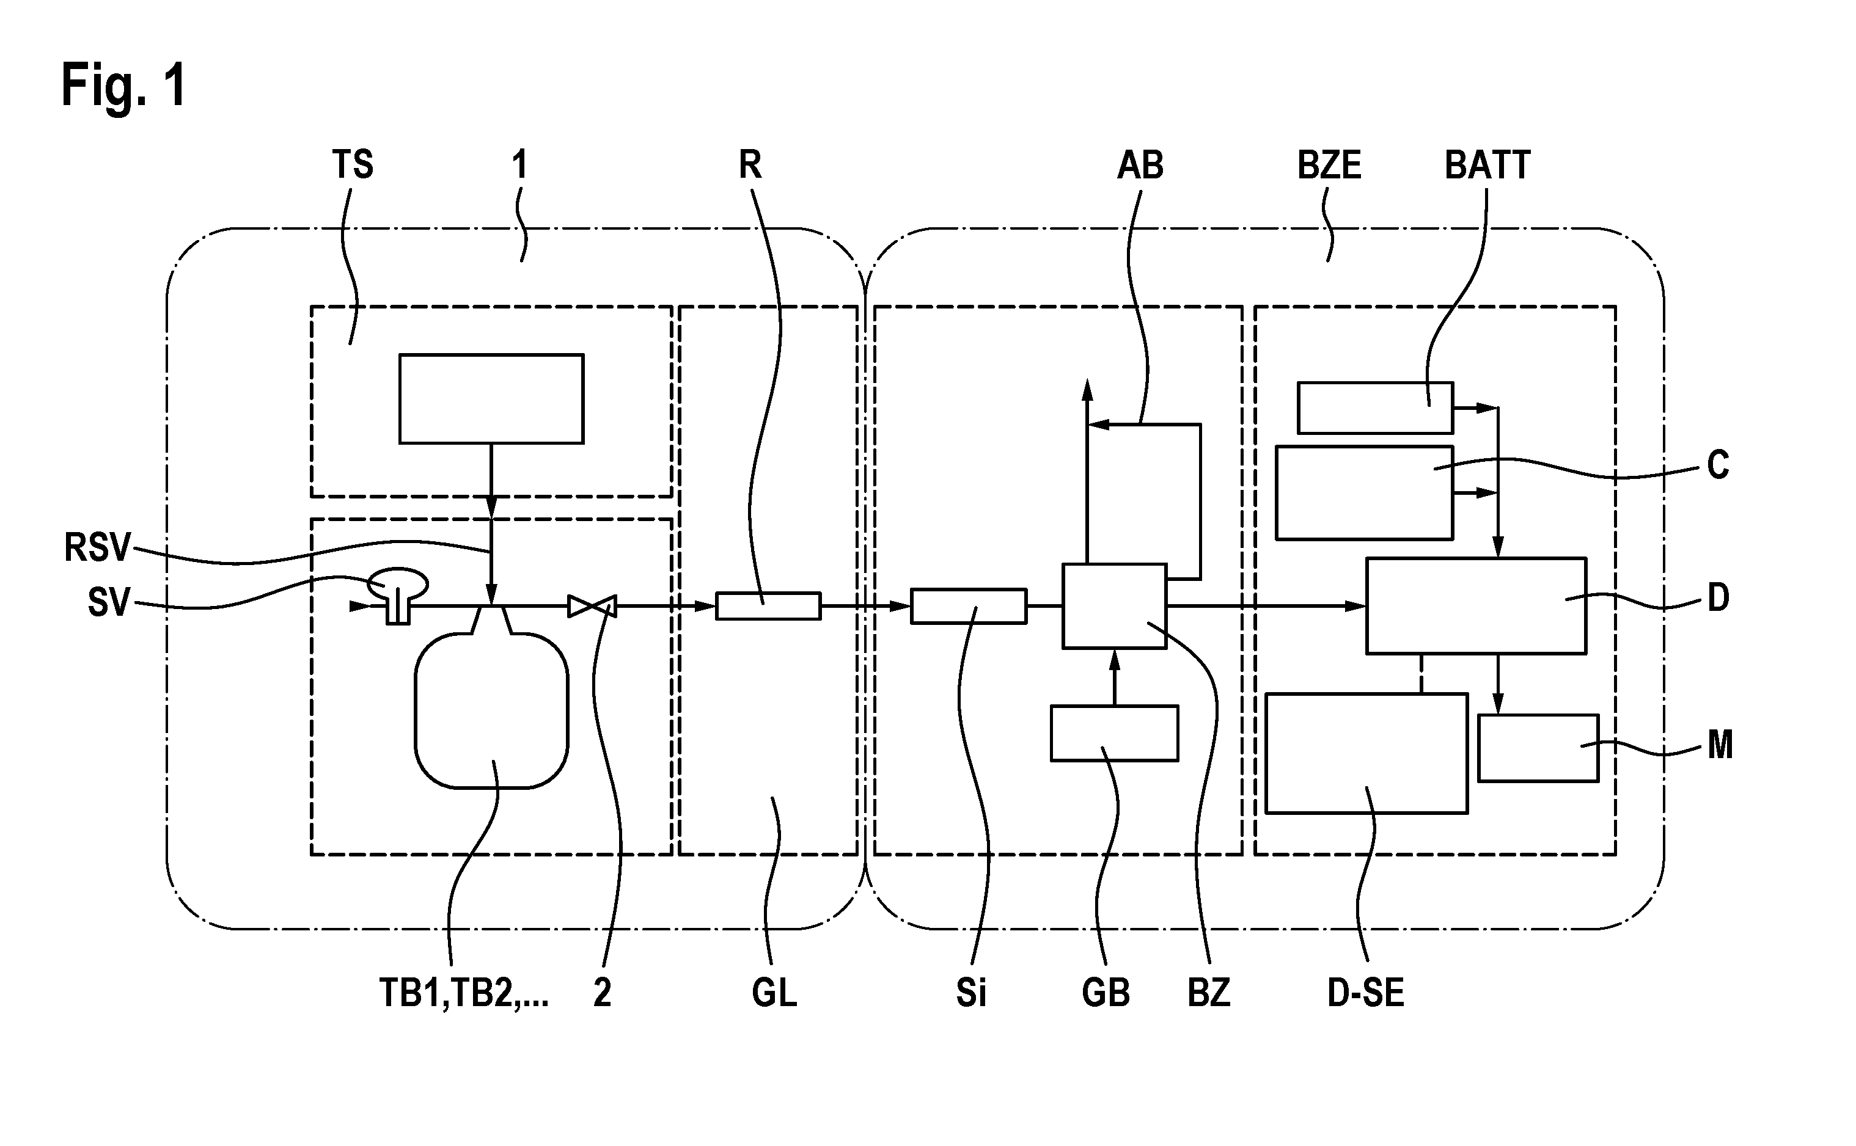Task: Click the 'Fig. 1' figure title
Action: pos(123,86)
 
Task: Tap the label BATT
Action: pos(1487,165)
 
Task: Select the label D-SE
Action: pos(1365,993)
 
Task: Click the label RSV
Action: pos(97,547)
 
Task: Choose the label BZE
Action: pos(1329,165)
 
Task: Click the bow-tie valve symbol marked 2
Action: pos(592,605)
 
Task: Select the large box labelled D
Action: pos(1476,605)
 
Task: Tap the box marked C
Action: pos(1364,492)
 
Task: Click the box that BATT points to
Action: pos(1375,408)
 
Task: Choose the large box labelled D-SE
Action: pos(1367,753)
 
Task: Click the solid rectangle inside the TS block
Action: pos(491,399)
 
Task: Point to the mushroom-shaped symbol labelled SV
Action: pos(398,595)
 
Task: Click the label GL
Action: pos(774,993)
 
